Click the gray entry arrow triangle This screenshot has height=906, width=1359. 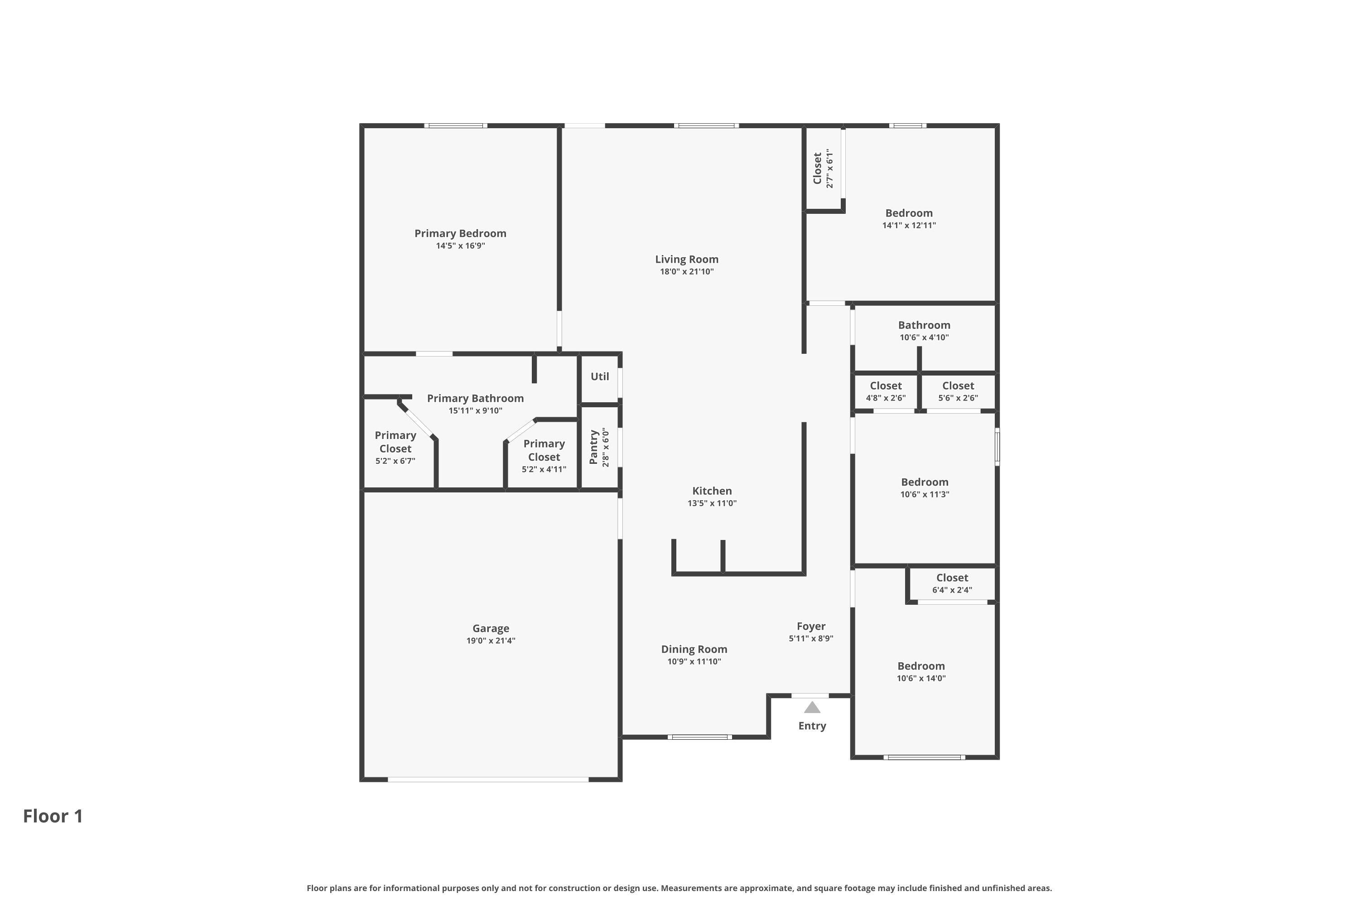pos(812,708)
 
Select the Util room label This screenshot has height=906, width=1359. pos(599,377)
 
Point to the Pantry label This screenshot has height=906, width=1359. pos(593,447)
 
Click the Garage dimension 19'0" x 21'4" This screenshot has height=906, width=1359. pos(491,641)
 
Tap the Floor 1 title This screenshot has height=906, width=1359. pos(53,816)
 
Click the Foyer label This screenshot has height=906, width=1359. pos(811,626)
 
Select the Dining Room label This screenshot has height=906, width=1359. pos(694,650)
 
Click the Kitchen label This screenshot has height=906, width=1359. pos(712,491)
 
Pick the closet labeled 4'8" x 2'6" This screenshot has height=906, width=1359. pos(885,391)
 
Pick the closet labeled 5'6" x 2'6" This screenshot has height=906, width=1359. pos(958,391)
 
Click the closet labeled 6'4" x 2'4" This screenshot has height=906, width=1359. pos(952,583)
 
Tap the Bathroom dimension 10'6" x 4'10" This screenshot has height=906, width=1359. pos(924,337)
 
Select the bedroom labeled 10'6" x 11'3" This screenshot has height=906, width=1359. pos(924,488)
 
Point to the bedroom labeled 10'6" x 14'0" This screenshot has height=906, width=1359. pos(920,671)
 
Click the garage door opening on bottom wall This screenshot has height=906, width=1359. pos(488,780)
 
